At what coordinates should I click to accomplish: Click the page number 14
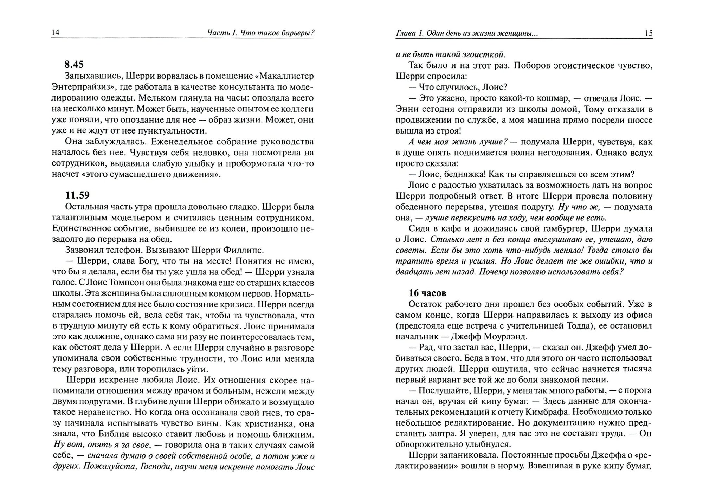pyautogui.click(x=56, y=33)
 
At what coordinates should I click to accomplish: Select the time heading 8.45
pyautogui.click(x=74, y=65)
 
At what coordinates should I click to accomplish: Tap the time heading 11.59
pyautogui.click(x=77, y=195)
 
